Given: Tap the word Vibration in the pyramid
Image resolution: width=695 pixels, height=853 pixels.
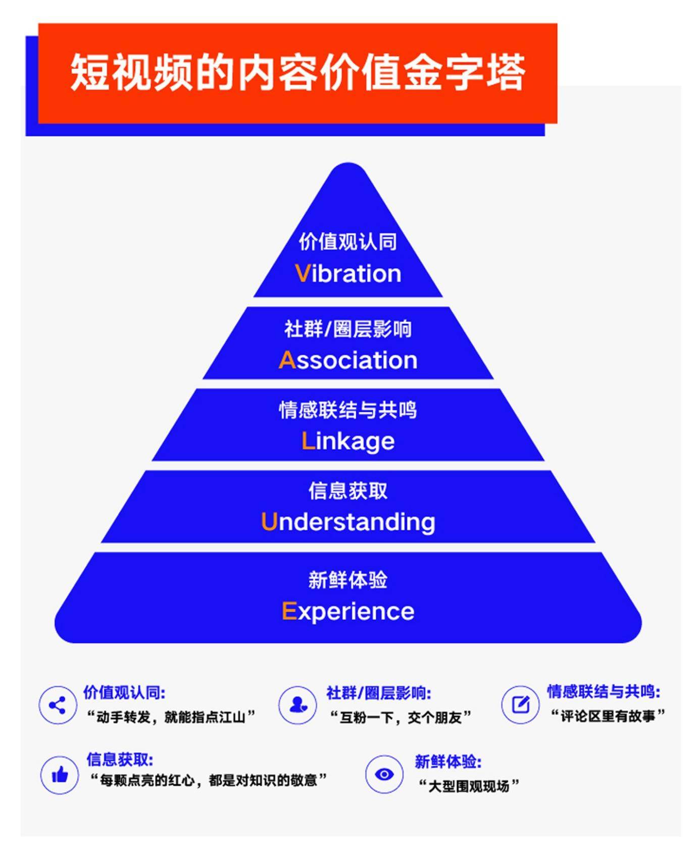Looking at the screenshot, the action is point(348,273).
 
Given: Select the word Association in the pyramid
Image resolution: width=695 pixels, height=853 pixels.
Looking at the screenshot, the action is point(348,360).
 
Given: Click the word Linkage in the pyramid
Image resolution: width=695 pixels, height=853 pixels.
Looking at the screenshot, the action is point(348,441).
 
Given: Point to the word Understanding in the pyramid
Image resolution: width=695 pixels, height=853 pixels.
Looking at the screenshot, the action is point(348,522).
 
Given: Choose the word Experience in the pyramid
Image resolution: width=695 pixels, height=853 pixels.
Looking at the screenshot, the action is point(348,611).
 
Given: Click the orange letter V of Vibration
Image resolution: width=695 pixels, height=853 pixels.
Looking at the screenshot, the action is point(302,273).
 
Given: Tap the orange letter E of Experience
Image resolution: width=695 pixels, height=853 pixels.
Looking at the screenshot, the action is point(289,611).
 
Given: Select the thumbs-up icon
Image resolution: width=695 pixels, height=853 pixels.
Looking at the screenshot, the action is point(60,775).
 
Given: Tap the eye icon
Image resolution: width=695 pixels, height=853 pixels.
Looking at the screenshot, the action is point(384,774).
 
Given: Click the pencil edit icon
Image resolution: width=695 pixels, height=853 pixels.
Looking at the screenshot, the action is point(520,704).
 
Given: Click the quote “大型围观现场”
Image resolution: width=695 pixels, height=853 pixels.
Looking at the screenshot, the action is point(468,786).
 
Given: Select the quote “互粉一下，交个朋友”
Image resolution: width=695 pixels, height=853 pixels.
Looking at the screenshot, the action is point(400,717).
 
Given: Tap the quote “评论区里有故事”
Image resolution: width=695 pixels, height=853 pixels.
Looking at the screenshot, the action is point(608,716).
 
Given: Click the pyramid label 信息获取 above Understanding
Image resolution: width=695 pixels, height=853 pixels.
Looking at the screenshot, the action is point(348,491).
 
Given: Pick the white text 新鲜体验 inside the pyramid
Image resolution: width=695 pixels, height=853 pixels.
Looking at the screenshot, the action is point(348,580).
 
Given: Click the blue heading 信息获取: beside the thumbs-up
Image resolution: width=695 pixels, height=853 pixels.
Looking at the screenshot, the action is point(119,760).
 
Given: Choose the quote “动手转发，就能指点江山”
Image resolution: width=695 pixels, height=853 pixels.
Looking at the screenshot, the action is point(171,717).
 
